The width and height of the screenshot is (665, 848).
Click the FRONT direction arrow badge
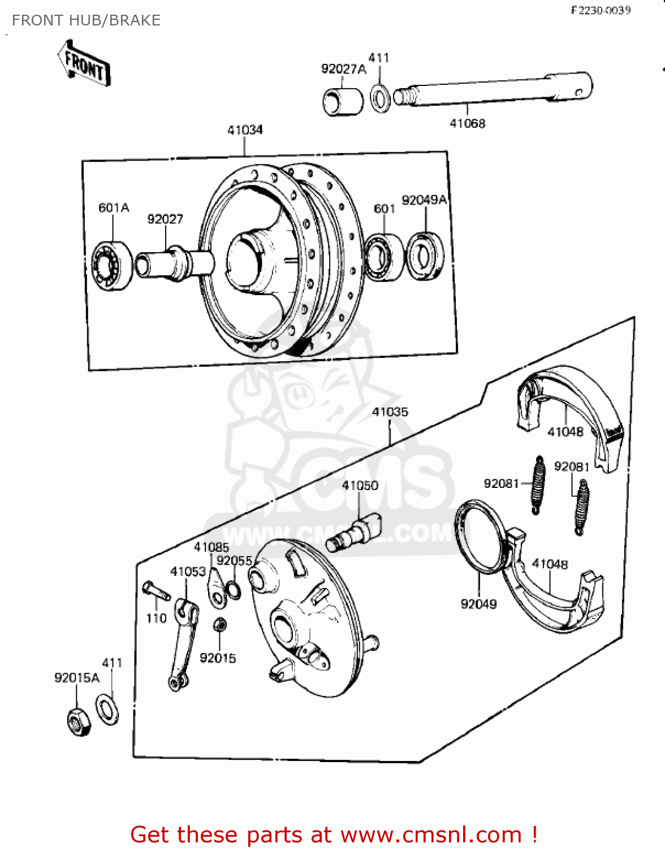84,63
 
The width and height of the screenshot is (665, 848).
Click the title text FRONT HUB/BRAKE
86,20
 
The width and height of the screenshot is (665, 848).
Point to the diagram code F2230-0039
600,10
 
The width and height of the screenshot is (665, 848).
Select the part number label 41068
467,123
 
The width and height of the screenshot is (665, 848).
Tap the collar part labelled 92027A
343,102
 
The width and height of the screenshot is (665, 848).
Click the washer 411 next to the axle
380,97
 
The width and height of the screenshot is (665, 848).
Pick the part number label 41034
245,130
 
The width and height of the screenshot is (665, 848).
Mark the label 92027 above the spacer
165,219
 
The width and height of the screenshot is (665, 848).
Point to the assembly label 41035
390,412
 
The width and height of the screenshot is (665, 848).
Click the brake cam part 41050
354,532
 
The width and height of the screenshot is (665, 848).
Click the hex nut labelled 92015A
79,721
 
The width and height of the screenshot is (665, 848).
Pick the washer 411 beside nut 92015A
107,709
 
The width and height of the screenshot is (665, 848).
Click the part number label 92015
218,658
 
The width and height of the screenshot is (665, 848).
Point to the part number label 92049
478,604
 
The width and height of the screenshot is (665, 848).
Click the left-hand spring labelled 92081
538,485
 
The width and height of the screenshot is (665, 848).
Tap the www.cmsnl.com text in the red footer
431,834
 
